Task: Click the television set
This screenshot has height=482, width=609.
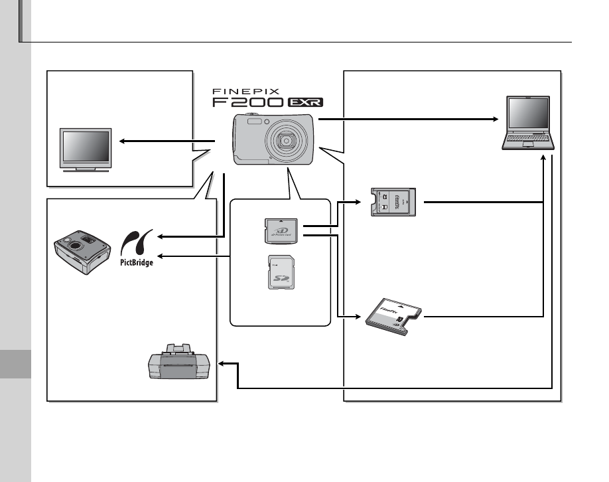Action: coord(85,150)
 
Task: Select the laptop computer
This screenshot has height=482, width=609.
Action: coord(529,124)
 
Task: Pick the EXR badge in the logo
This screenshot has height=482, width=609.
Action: coord(306,103)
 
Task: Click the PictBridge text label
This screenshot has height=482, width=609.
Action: coord(137,262)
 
